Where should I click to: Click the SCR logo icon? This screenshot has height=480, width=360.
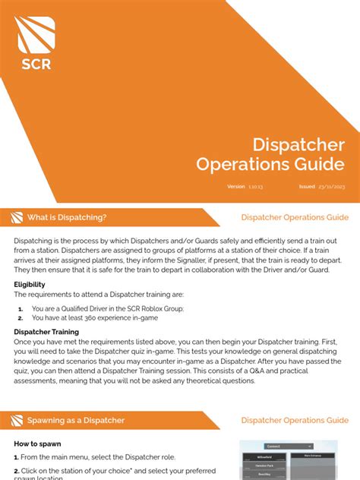tap(36, 33)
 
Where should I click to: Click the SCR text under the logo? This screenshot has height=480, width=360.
tap(36, 64)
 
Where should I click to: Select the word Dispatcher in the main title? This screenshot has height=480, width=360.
tap(298, 144)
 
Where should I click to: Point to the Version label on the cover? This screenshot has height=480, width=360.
tap(236, 186)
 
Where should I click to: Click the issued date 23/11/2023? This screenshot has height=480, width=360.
tap(333, 186)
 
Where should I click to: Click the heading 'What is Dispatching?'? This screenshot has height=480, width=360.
tap(67, 217)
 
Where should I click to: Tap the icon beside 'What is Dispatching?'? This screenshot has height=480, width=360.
tap(16, 218)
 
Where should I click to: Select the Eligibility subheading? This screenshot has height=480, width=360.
tap(30, 284)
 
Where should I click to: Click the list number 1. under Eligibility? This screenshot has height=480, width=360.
tap(20, 308)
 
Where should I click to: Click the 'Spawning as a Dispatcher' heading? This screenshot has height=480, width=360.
tap(76, 420)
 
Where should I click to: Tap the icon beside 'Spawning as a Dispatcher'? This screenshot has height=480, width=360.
tap(16, 421)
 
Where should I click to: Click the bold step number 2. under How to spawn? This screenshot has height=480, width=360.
tap(17, 471)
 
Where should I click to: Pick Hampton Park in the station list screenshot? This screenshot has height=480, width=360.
tap(265, 464)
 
